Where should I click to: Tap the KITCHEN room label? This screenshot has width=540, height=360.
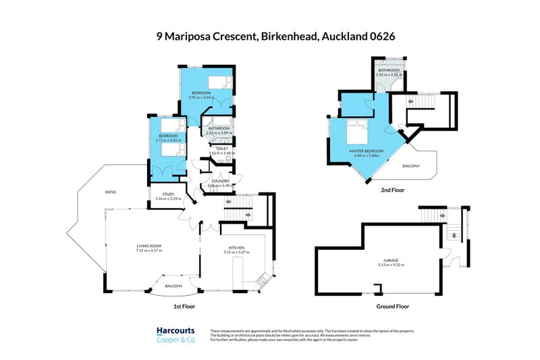pyautogui.click(x=236, y=248)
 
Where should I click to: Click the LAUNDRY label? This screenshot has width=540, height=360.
pyautogui.click(x=221, y=181)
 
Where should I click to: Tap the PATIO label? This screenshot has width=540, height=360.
pyautogui.click(x=110, y=192)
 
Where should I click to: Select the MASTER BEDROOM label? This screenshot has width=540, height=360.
pyautogui.click(x=367, y=151)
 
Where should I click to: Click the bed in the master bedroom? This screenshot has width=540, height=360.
pyautogui.click(x=357, y=132)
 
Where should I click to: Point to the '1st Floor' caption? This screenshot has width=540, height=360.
pyautogui.click(x=184, y=306)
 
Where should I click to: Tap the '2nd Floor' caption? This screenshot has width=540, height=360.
pyautogui.click(x=393, y=190)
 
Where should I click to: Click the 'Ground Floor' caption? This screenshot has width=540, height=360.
pyautogui.click(x=392, y=306)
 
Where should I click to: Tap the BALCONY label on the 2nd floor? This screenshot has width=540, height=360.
pyautogui.click(x=410, y=166)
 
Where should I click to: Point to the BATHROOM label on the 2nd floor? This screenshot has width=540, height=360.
pyautogui.click(x=389, y=70)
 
